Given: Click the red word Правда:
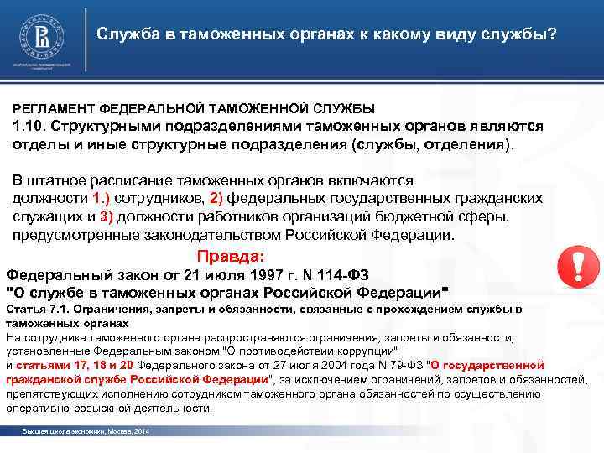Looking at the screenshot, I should click(230, 256).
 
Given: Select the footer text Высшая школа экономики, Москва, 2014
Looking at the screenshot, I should click(85, 430).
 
